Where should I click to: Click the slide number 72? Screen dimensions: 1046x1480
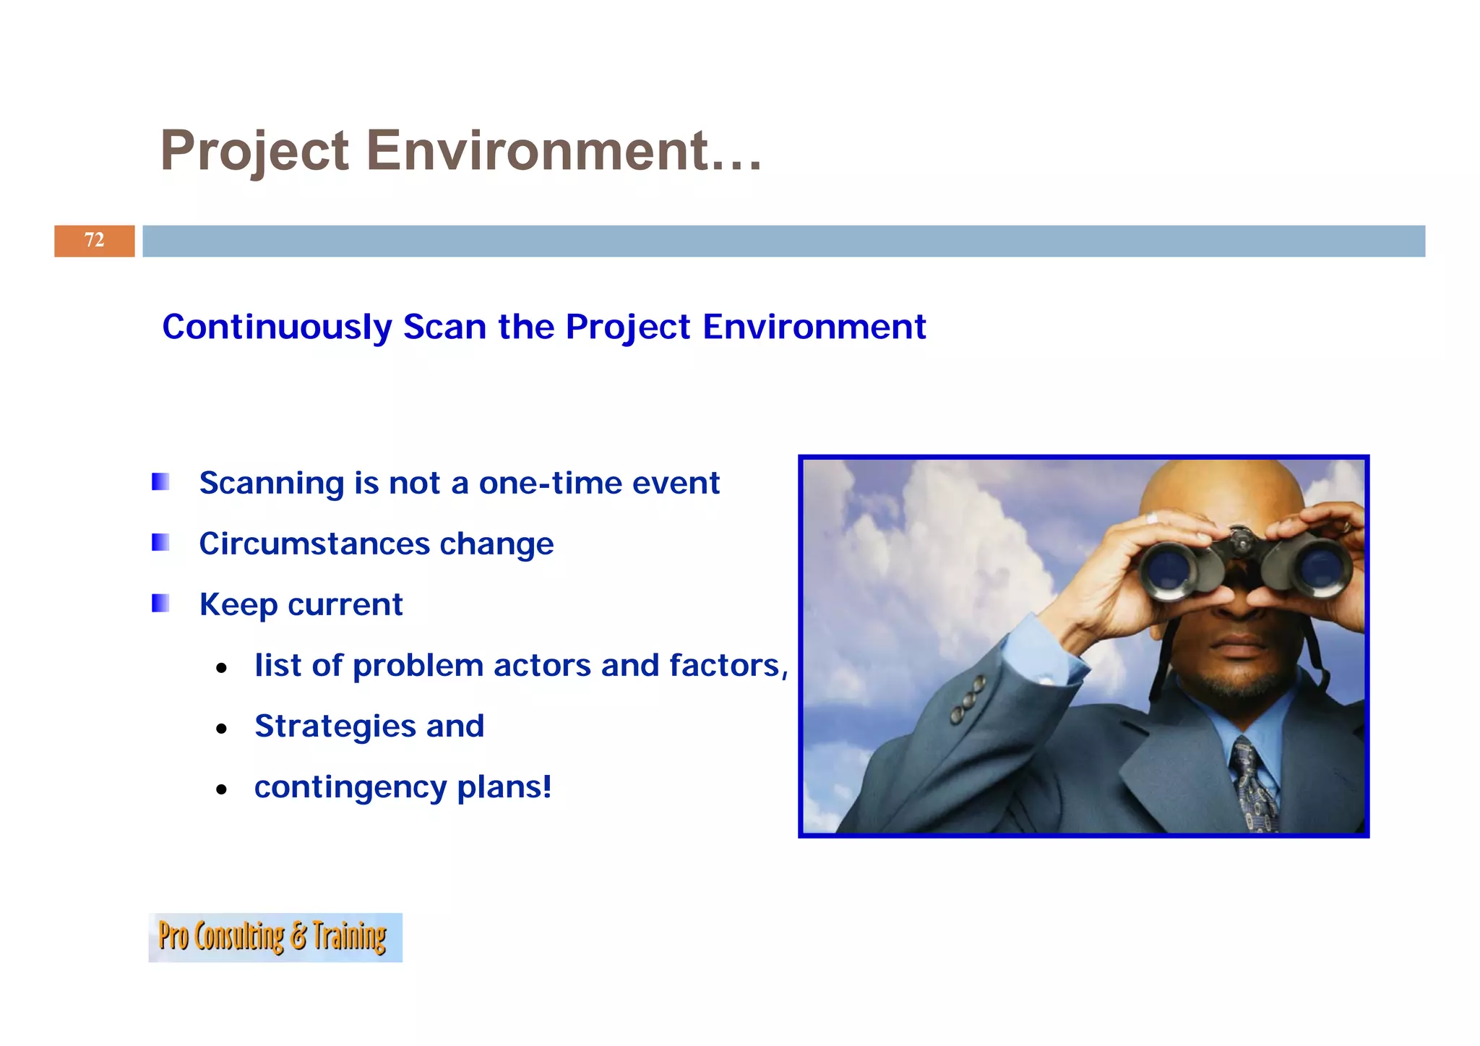coord(94,240)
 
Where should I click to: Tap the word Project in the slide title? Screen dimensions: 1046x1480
coord(254,151)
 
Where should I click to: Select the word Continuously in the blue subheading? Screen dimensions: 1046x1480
coord(277,327)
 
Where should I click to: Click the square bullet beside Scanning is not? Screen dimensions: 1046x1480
coord(160,481)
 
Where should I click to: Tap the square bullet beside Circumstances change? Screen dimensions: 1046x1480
coord(160,542)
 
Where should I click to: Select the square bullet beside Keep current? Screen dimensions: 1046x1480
coord(160,603)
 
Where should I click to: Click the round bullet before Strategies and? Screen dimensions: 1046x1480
coord(222,729)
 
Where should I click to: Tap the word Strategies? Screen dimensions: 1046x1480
coord(335,726)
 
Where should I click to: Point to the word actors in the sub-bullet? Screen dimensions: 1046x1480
coord(542,665)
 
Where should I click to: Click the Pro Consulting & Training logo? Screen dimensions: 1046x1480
coord(275,937)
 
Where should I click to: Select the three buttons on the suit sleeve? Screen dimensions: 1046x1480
coord(968,699)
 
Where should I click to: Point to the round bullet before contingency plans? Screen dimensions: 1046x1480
coord(222,789)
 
